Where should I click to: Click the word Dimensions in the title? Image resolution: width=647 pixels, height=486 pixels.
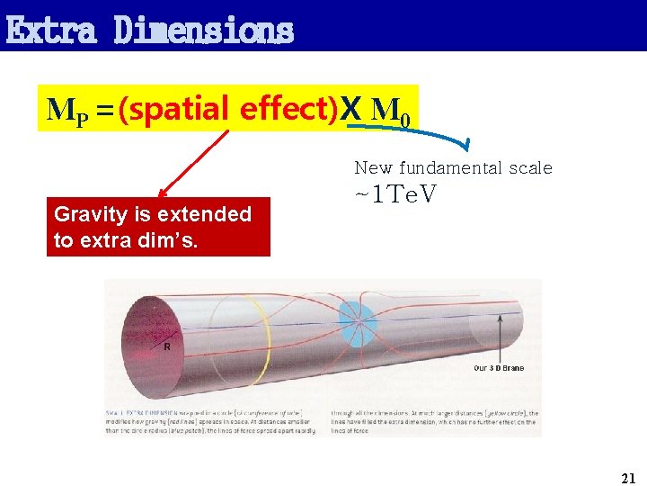pyautogui.click(x=204, y=30)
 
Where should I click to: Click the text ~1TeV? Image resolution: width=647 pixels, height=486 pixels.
pyautogui.click(x=396, y=193)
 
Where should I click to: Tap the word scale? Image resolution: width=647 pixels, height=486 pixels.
pyautogui.click(x=531, y=168)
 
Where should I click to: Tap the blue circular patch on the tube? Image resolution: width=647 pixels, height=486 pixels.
pyautogui.click(x=358, y=319)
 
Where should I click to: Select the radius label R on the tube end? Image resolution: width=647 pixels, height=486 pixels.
pyautogui.click(x=166, y=346)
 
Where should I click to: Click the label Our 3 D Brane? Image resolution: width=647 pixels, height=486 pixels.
pyautogui.click(x=499, y=368)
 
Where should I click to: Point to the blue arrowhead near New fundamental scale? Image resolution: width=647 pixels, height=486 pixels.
pyautogui.click(x=466, y=143)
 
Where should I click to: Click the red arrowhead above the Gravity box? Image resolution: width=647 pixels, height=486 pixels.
pyautogui.click(x=163, y=193)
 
